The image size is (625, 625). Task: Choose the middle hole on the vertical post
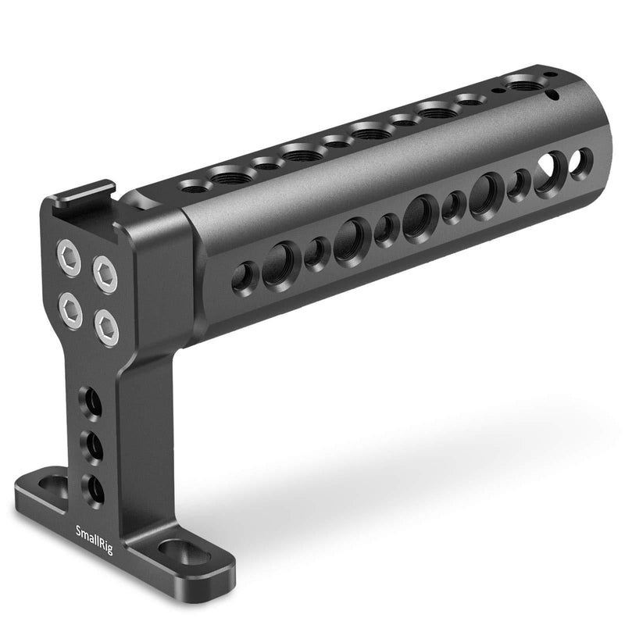[94, 448]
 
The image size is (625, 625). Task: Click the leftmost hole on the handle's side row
[243, 276]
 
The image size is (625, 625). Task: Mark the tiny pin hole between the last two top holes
[497, 91]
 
